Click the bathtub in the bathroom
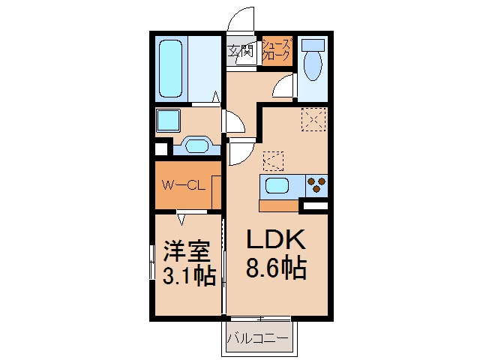[171, 68]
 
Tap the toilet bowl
[313, 66]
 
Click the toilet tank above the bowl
[313, 45]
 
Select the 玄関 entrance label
[241, 51]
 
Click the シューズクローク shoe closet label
[277, 50]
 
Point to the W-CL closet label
[183, 185]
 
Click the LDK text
[276, 239]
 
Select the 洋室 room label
[187, 251]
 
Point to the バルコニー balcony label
[258, 339]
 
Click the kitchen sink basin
[277, 187]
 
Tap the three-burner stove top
[316, 186]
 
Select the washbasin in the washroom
[196, 146]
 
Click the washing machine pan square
[168, 121]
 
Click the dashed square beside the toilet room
[313, 119]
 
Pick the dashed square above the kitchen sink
[273, 161]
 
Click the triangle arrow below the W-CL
[181, 220]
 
